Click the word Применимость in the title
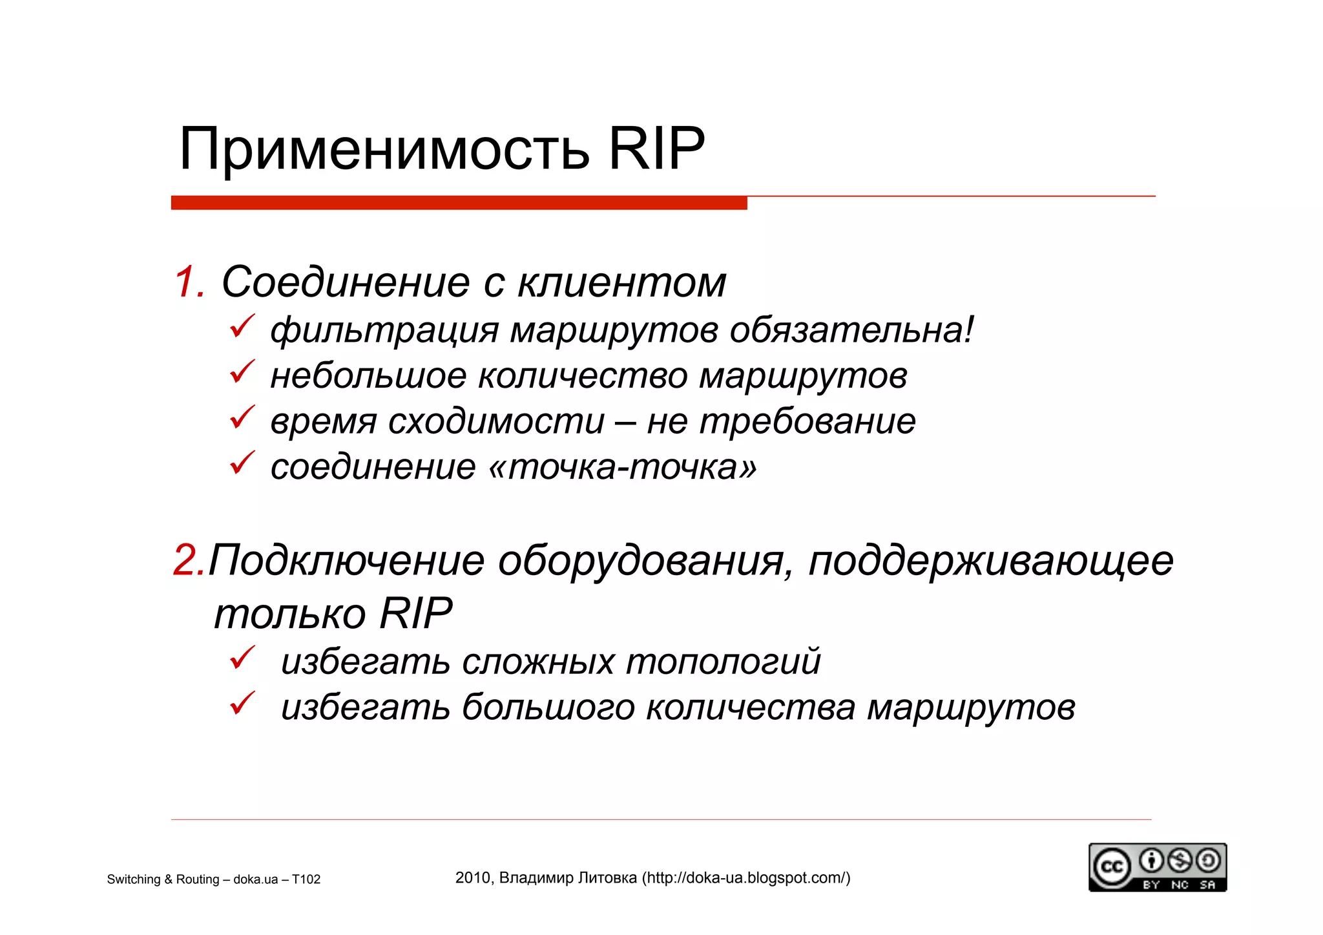(x=384, y=150)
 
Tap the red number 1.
(x=189, y=282)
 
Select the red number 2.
(x=189, y=560)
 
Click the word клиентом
(x=622, y=282)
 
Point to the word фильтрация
(x=384, y=330)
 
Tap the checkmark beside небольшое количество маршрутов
(x=242, y=372)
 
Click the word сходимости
(x=496, y=421)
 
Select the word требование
(x=807, y=421)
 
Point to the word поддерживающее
(x=991, y=560)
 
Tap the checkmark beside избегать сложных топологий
(x=242, y=658)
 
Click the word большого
(x=548, y=707)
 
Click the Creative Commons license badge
(x=1157, y=867)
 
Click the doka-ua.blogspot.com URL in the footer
(x=746, y=877)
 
